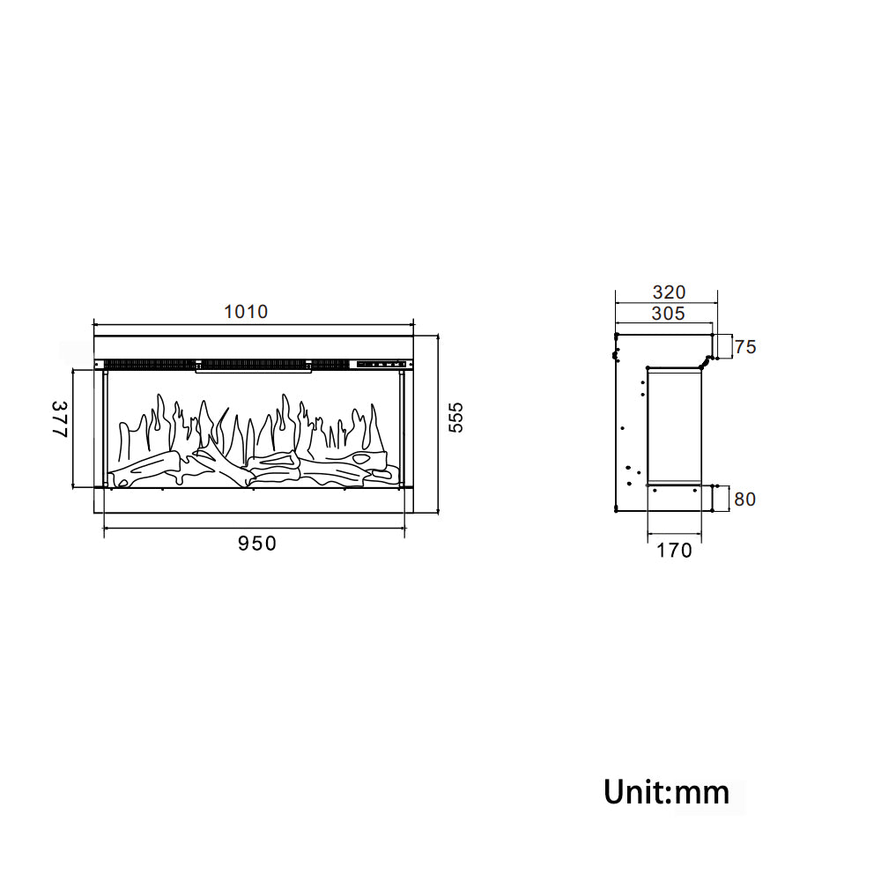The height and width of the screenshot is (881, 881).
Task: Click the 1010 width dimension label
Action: (246, 312)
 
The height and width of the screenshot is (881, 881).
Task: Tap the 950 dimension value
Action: (257, 544)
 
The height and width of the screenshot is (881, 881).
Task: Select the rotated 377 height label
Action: (60, 418)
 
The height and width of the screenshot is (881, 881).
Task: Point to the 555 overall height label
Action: (455, 418)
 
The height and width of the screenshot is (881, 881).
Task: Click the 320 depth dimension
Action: (670, 292)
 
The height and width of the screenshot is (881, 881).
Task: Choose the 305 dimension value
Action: (669, 314)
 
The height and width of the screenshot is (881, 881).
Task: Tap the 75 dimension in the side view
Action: (745, 346)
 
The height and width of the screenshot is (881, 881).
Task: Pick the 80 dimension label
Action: (745, 499)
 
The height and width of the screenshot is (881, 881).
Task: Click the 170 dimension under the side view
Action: (674, 551)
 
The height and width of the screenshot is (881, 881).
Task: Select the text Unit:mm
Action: (667, 792)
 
